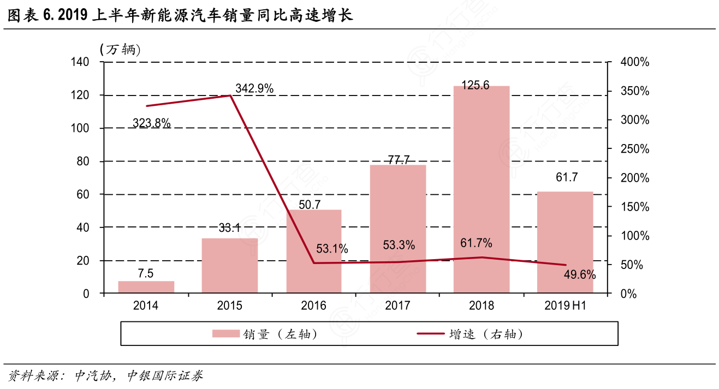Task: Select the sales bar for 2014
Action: [x=146, y=287]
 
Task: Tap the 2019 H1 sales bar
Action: [x=565, y=242]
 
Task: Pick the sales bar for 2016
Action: [x=314, y=252]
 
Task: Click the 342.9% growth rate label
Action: [x=254, y=88]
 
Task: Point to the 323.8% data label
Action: [x=151, y=123]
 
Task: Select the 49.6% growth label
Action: [x=579, y=274]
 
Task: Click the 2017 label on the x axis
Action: [x=397, y=306]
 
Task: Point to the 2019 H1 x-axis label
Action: [x=565, y=306]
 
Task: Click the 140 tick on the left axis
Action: [x=80, y=62]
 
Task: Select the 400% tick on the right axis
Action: [x=635, y=62]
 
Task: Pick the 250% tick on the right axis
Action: [x=635, y=149]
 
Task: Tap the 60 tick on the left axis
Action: [x=83, y=194]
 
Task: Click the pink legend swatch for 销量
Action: [x=225, y=334]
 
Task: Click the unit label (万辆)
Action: [x=120, y=50]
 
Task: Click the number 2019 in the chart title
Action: [x=73, y=16]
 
